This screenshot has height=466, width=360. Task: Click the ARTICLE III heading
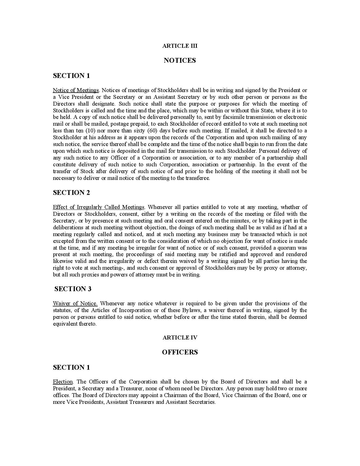point(180,46)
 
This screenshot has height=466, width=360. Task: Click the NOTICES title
point(180,60)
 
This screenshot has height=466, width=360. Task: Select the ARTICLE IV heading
point(180,337)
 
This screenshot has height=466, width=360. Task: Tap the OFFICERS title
point(180,352)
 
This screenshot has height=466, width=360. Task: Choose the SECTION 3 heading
point(73,289)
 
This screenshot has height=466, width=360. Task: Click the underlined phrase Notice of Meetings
point(76,90)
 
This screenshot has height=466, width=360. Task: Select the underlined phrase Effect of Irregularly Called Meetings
point(99,207)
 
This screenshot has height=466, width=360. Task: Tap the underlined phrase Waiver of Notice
point(75,304)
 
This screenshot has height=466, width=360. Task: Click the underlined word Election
point(63,382)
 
